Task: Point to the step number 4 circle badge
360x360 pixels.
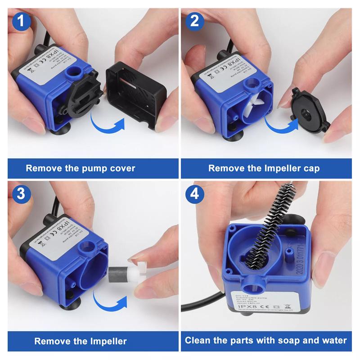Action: (x=194, y=193)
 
